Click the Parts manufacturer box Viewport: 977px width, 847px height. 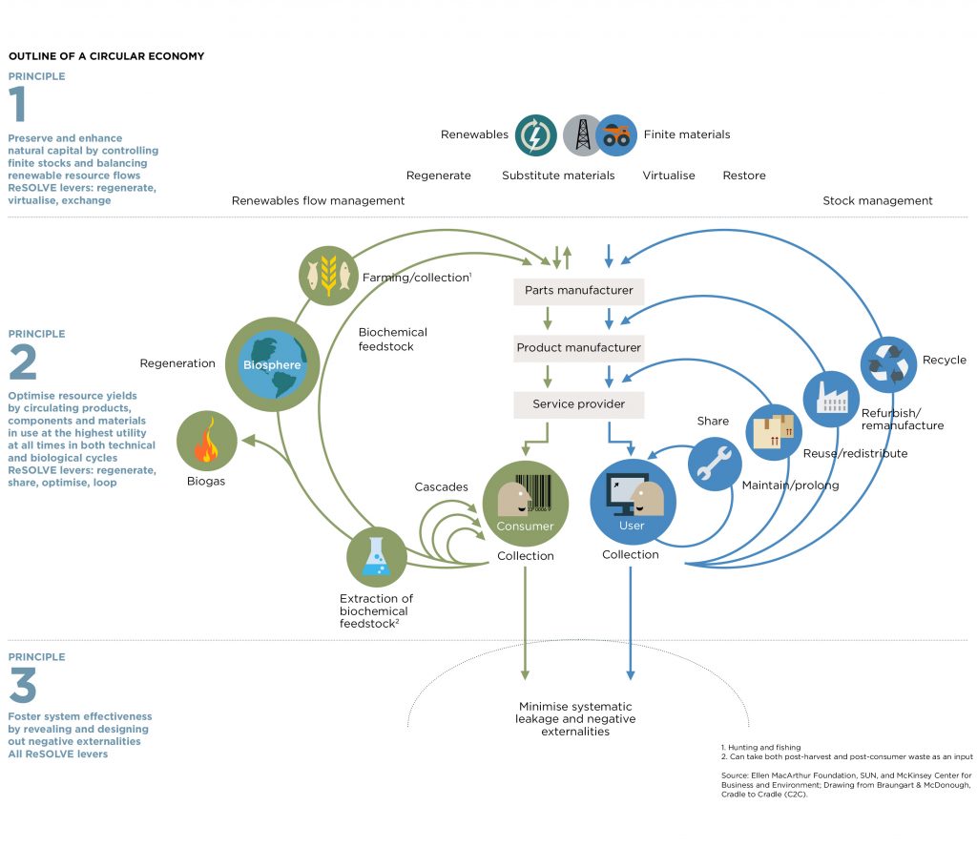click(579, 290)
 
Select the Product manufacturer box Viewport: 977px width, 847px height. click(579, 347)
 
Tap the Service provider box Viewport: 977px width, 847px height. click(579, 403)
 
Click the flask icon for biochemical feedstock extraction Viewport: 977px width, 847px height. click(376, 557)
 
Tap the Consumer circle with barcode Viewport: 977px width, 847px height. click(525, 502)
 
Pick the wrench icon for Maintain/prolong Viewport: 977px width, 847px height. click(715, 464)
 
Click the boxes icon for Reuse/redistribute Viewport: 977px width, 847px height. click(774, 428)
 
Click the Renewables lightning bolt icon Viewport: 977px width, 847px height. click(536, 134)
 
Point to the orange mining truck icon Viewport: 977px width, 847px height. click(616, 134)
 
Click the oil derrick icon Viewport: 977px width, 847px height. click(582, 134)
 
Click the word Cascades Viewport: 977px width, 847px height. click(441, 486)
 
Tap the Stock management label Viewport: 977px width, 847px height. click(877, 200)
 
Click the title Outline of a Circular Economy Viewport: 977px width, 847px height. click(106, 56)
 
